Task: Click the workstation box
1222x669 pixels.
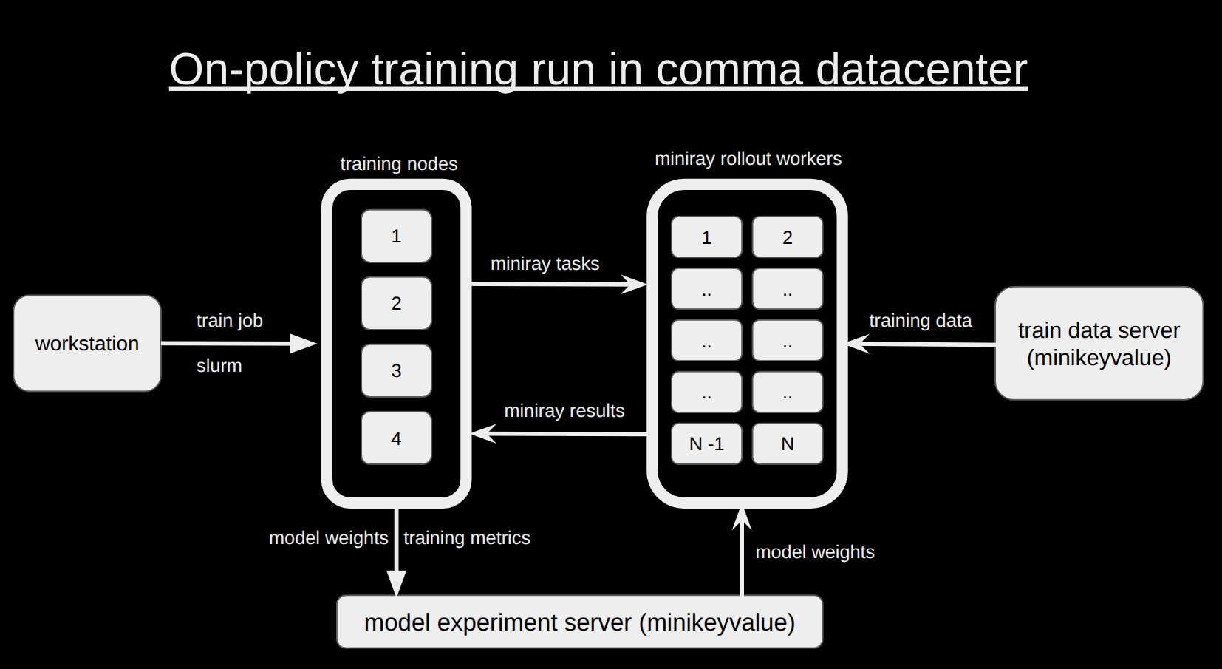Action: (87, 343)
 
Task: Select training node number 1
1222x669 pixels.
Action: (396, 236)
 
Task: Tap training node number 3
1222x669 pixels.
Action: (396, 370)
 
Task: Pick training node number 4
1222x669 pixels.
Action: (396, 438)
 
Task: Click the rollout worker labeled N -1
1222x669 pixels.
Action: (706, 444)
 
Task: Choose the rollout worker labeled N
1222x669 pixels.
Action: (788, 444)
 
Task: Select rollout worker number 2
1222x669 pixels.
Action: (788, 237)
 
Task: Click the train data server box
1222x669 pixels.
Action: (1099, 344)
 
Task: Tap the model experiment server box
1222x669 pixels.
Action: (579, 622)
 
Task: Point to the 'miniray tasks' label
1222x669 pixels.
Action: (545, 264)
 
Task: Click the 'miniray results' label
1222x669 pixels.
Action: (564, 411)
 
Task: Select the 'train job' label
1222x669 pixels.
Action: (230, 321)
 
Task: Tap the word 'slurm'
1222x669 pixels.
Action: (219, 366)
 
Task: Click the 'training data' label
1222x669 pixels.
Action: (920, 321)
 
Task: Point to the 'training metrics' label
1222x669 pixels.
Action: (467, 538)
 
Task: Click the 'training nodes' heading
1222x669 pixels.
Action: (398, 164)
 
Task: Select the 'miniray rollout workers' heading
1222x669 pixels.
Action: (748, 159)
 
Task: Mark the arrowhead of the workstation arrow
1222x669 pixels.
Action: (304, 343)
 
